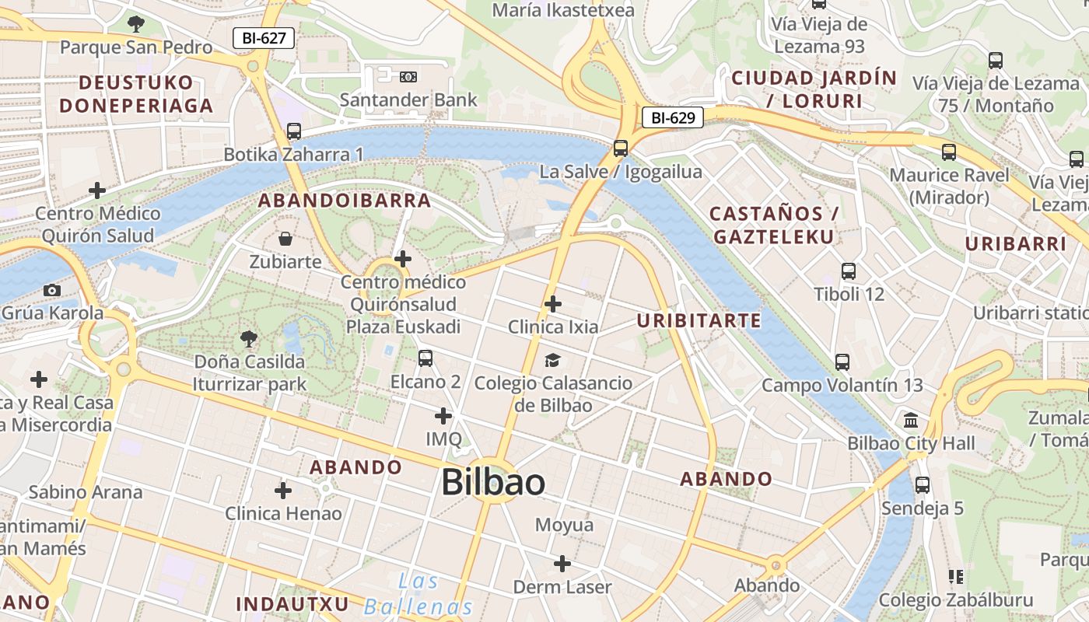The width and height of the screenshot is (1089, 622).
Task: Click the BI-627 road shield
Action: point(264,37)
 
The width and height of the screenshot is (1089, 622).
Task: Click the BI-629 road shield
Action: point(672,118)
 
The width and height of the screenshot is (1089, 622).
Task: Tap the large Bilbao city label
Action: point(493,482)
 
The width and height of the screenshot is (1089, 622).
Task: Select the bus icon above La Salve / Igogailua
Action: point(620,148)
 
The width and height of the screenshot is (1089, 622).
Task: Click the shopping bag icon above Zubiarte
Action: point(285,238)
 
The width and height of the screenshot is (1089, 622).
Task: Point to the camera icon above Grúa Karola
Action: point(52,290)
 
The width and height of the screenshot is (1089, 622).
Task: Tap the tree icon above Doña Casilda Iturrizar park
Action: point(249,338)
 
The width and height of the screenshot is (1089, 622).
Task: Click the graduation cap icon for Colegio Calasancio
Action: point(552,359)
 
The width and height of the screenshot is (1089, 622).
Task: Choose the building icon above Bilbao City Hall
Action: point(911,421)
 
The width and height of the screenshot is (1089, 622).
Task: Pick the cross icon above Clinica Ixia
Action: point(552,303)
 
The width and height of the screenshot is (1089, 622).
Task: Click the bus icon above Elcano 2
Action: point(425,358)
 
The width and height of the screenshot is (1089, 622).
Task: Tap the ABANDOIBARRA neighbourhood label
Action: point(345,201)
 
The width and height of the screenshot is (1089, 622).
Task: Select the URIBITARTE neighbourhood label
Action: point(699,320)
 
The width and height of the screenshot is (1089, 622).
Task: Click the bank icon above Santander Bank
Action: point(408,76)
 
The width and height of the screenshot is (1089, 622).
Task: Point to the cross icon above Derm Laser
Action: point(562,564)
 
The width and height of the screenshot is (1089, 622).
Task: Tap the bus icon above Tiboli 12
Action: point(849,271)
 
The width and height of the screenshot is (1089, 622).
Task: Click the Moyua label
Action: point(564,525)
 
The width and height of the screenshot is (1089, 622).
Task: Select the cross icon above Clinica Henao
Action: point(283,491)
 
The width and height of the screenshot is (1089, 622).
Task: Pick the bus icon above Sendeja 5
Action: point(923,485)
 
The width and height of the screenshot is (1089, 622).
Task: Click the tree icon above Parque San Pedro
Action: point(136,24)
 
